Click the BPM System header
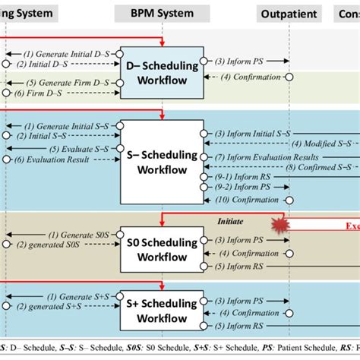[x=161, y=13]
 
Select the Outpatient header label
[x=288, y=13]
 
